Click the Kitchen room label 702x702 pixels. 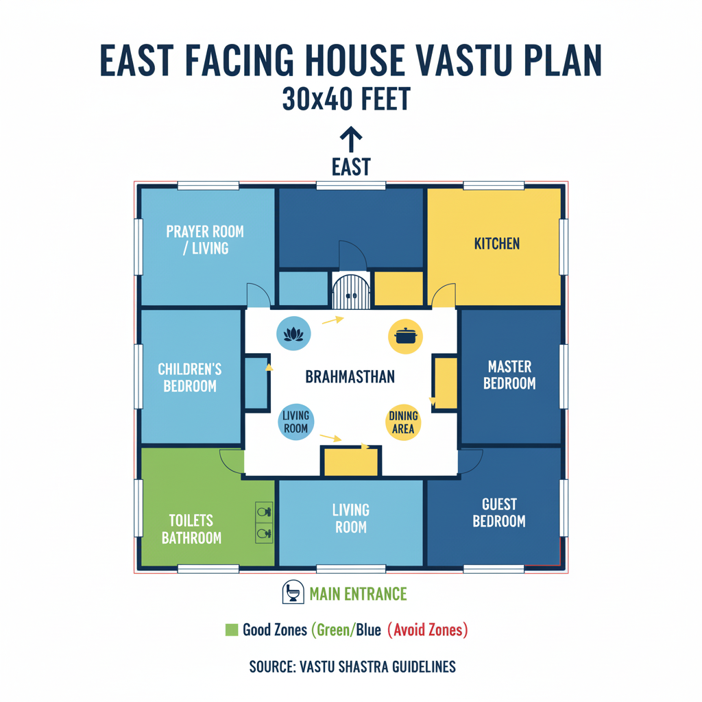[x=497, y=243]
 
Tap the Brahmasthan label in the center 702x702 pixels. [x=350, y=377]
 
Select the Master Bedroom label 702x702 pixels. [x=509, y=375]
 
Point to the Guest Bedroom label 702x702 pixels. [x=499, y=513]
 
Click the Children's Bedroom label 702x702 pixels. [x=190, y=378]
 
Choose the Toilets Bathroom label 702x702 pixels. [x=192, y=529]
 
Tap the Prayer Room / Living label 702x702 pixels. [x=205, y=239]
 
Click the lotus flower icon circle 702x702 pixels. [x=293, y=334]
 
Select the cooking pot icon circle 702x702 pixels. [x=406, y=337]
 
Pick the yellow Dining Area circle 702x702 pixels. [x=403, y=422]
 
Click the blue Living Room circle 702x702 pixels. [x=296, y=422]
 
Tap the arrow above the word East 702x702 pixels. [x=351, y=139]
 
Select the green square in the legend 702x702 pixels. [x=232, y=630]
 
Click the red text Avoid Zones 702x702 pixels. [x=428, y=630]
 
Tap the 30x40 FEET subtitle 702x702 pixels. [x=346, y=99]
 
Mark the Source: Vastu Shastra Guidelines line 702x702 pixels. [x=352, y=666]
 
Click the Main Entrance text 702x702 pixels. [x=358, y=594]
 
